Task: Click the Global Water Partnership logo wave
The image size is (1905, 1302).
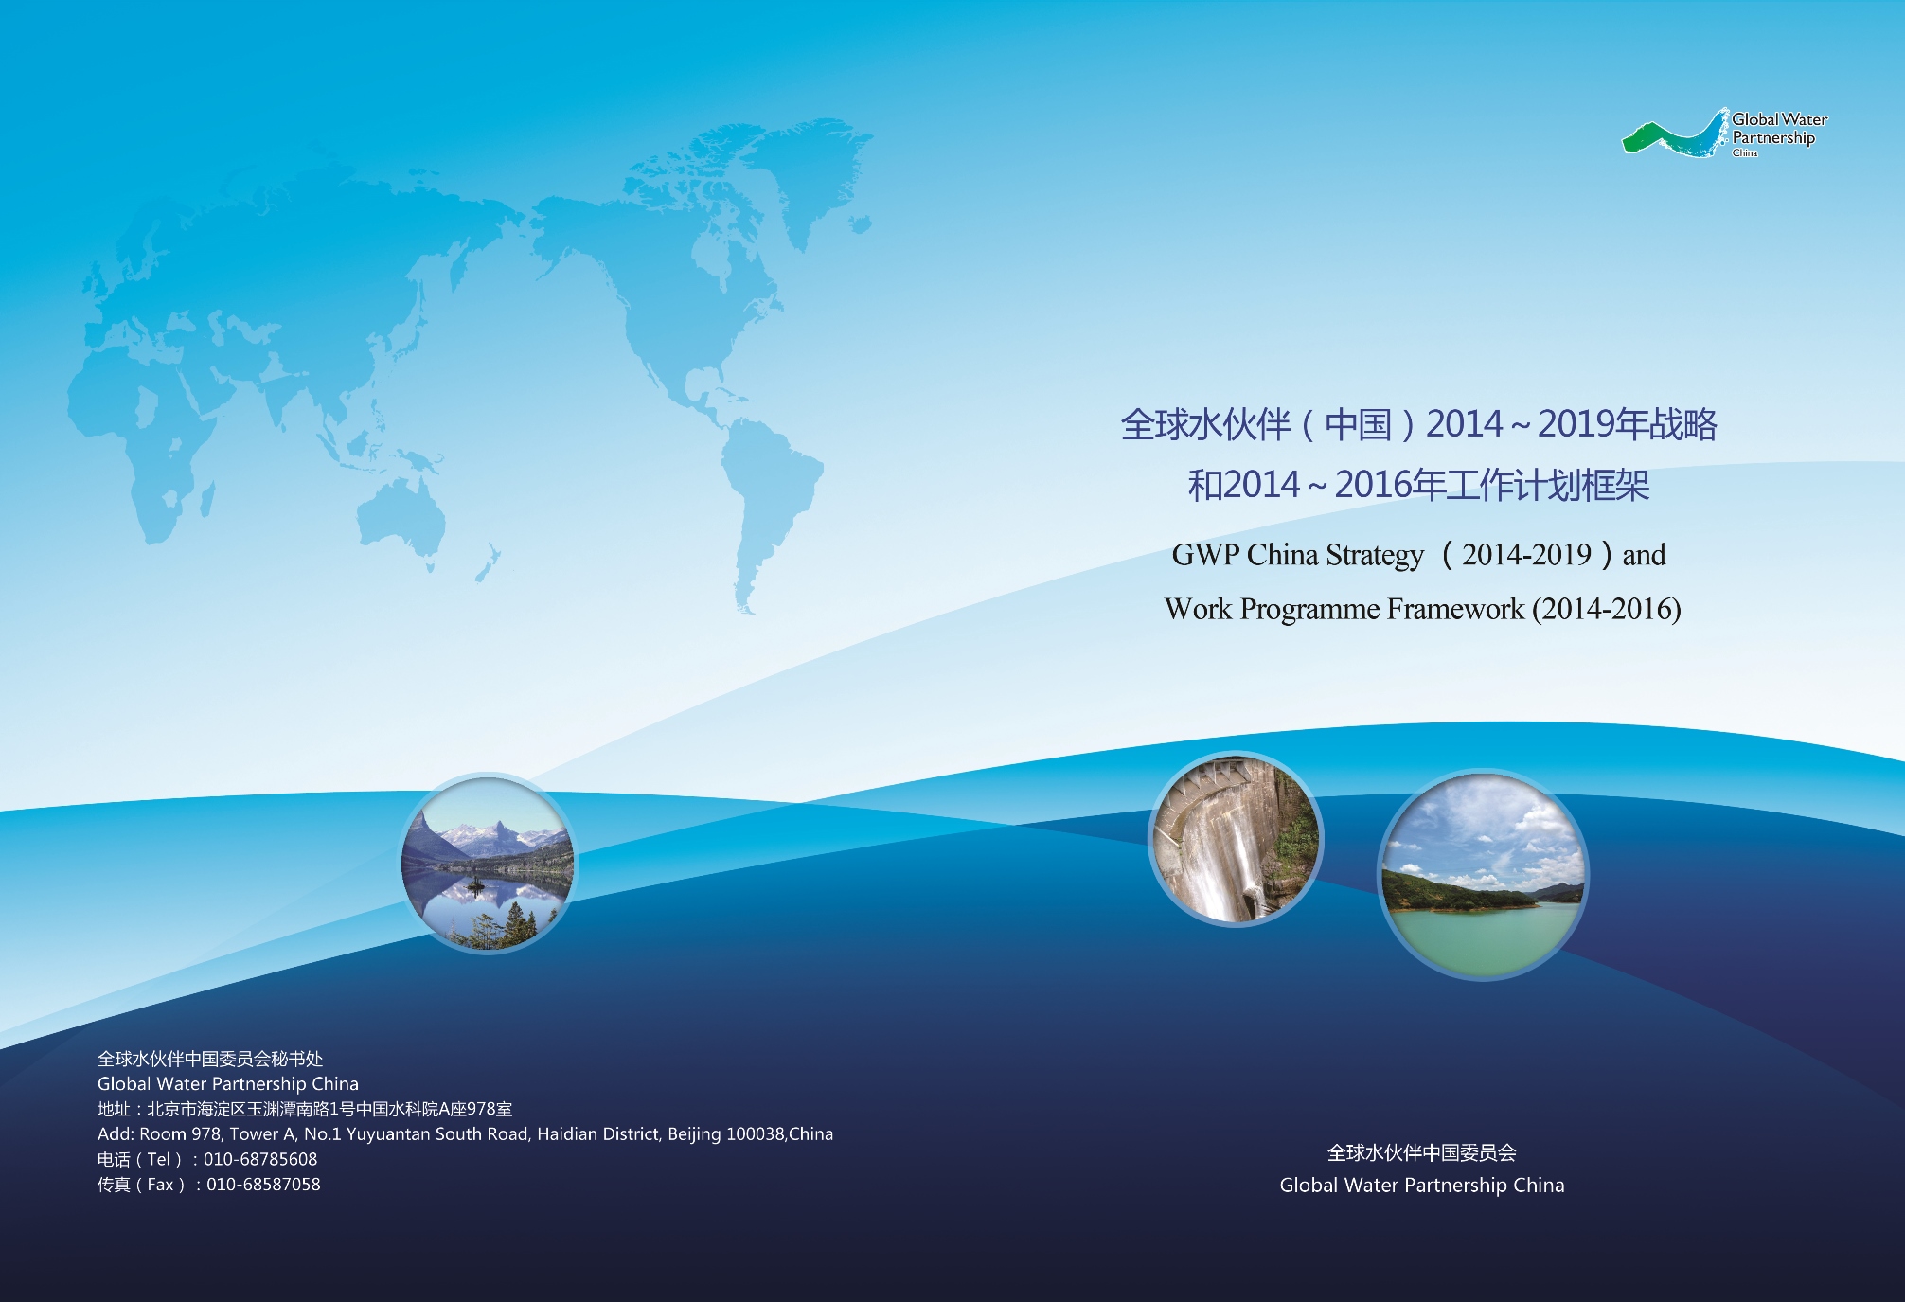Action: coord(1674,135)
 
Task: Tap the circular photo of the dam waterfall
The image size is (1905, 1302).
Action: coord(1236,839)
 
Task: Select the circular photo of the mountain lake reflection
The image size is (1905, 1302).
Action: coord(488,863)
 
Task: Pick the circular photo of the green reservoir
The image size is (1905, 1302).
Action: coord(1483,874)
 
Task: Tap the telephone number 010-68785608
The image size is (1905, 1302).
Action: coord(260,1159)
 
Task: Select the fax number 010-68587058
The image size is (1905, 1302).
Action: coord(263,1185)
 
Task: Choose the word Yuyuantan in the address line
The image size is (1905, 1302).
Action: coord(388,1134)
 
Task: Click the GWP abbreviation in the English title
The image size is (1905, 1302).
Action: coord(1205,555)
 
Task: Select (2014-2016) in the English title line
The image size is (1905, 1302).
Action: coord(1607,609)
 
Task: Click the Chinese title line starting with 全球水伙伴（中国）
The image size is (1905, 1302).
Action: coord(1418,424)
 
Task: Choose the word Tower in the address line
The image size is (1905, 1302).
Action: coord(254,1133)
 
